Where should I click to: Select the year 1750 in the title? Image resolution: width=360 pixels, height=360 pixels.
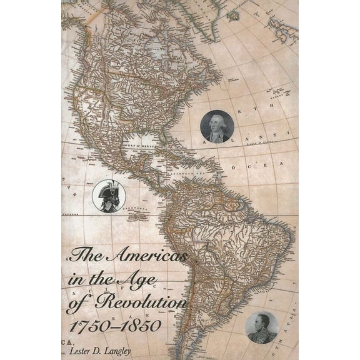(87, 326)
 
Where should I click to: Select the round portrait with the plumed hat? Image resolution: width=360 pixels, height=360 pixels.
(109, 195)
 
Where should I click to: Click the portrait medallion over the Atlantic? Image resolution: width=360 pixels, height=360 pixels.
(217, 127)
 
